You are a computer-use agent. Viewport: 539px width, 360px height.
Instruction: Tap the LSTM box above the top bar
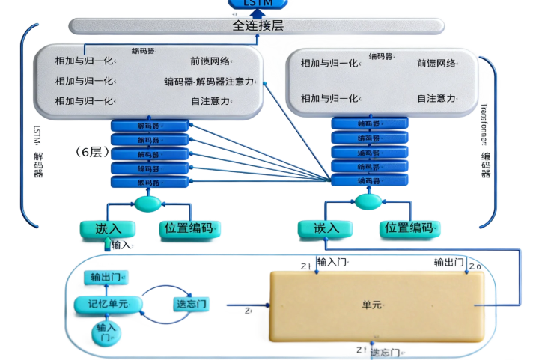[x=258, y=4]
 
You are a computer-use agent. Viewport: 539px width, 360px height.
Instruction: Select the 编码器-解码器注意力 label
[x=213, y=82]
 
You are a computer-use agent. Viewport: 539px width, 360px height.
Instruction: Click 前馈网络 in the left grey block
[x=210, y=61]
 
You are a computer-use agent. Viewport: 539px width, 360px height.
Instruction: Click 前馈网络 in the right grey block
[x=436, y=63]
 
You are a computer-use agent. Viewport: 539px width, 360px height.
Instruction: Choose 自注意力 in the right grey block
[x=436, y=98]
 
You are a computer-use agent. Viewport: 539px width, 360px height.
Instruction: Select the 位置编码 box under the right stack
[x=406, y=228]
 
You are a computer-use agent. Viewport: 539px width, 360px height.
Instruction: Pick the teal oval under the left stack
[x=147, y=203]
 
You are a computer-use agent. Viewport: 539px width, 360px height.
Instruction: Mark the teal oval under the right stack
[x=368, y=202]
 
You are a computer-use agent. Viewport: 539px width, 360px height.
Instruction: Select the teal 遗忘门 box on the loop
[x=190, y=304]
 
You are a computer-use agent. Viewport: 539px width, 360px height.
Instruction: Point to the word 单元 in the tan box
[x=372, y=305]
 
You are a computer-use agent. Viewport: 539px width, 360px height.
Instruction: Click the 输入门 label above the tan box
[x=332, y=262]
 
